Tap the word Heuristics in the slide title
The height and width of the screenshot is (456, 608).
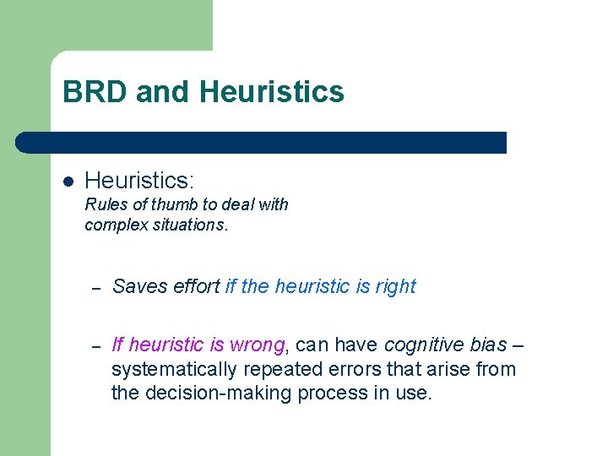[273, 91]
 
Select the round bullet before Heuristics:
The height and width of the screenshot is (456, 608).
[68, 181]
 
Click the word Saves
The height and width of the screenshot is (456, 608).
[138, 286]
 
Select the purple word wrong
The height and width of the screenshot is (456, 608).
[258, 345]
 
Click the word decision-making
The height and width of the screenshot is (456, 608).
[211, 393]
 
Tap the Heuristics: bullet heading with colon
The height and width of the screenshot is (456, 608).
[139, 180]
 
